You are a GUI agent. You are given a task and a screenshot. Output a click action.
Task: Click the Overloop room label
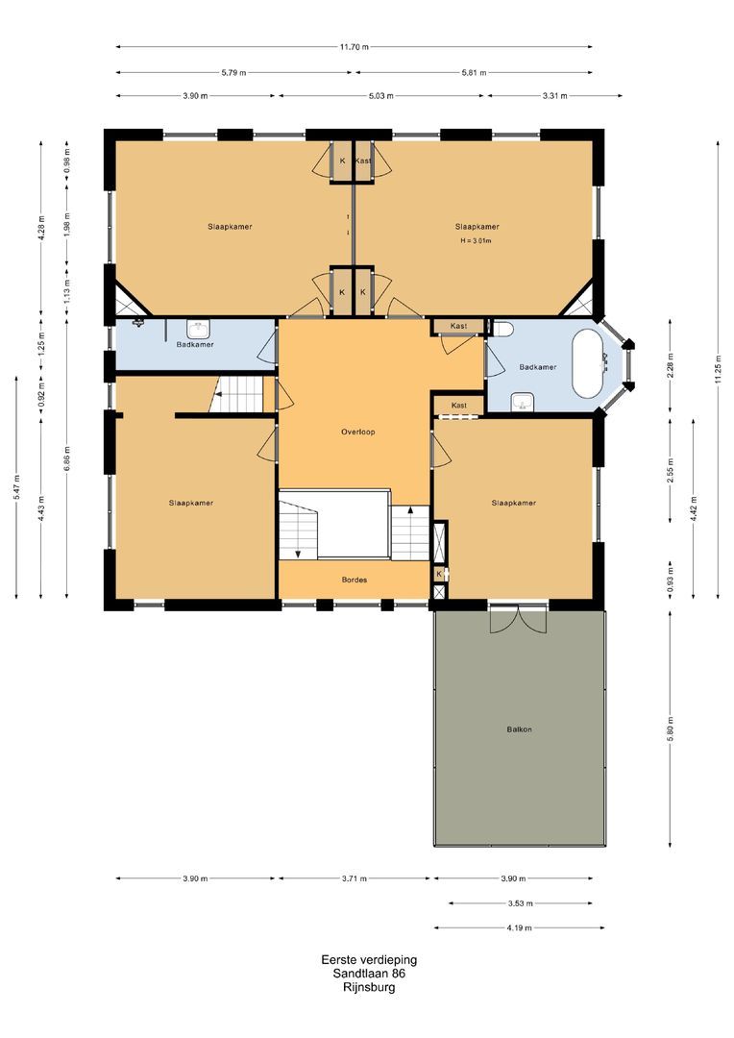click(358, 432)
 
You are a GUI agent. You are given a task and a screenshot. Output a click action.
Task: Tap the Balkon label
click(519, 729)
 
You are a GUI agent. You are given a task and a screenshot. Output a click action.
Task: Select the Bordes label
click(355, 580)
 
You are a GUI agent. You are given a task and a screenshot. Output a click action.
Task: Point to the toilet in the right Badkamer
click(502, 329)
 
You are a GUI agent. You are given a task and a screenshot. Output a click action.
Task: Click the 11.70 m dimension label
click(355, 47)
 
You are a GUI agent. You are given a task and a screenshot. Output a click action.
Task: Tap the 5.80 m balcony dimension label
click(671, 729)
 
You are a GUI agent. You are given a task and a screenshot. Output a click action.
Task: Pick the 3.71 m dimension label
click(355, 879)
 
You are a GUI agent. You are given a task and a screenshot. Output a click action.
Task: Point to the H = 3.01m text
click(476, 241)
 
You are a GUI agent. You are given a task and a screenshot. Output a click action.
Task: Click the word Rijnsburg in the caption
click(369, 987)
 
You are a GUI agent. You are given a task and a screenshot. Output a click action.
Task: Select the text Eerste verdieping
click(369, 960)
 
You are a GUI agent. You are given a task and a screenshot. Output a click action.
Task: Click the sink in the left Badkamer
click(197, 329)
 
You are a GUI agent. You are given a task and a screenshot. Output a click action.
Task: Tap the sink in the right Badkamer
click(523, 401)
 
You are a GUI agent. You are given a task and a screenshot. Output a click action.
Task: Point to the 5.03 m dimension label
click(380, 96)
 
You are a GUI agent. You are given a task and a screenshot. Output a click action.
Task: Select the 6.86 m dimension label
click(67, 458)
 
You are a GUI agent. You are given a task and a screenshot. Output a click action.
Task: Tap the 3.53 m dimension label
click(520, 903)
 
